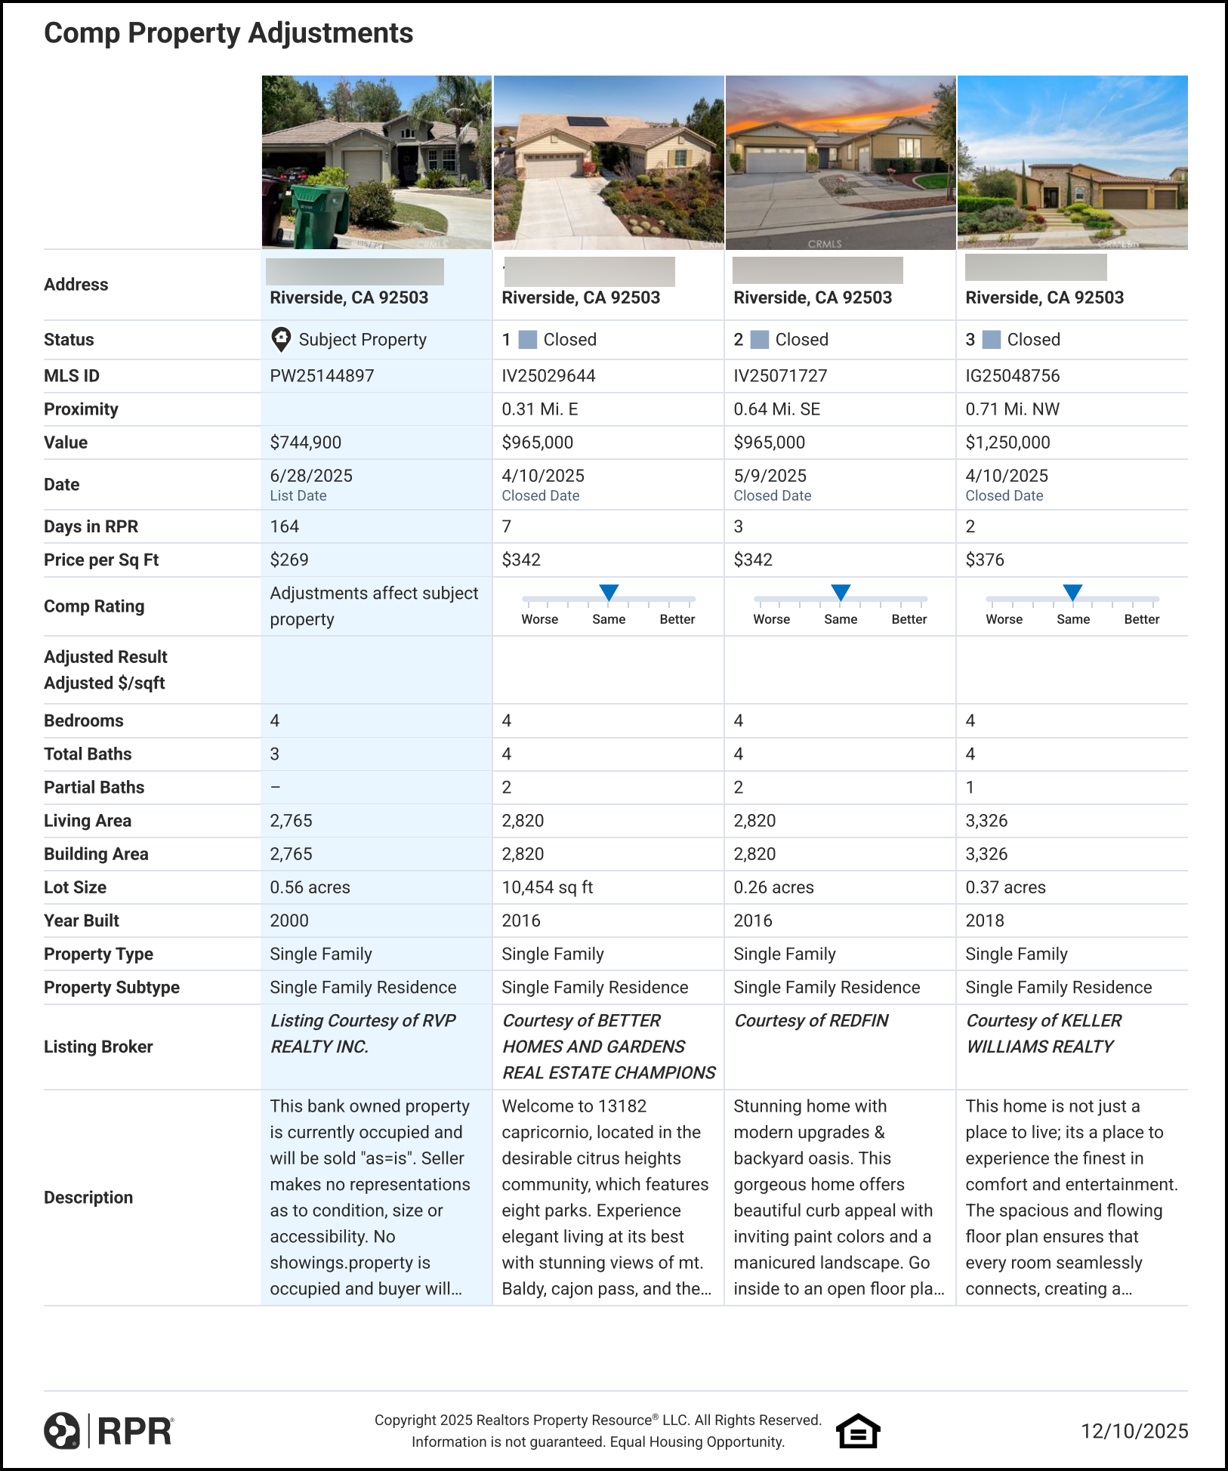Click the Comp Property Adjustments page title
tap(228, 33)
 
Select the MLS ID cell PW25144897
tap(322, 376)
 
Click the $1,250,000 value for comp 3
tap(1007, 443)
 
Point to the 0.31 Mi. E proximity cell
tap(539, 409)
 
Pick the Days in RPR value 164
tap(285, 526)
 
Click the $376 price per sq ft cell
tap(985, 560)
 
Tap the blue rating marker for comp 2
tap(841, 592)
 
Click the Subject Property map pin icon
tap(281, 339)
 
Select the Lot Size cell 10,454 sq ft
tap(547, 887)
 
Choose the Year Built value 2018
tap(985, 921)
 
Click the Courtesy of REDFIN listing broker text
tap(810, 1021)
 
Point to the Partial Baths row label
tap(94, 788)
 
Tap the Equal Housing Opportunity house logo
tap(858, 1431)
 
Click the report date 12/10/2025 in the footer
tap(1134, 1431)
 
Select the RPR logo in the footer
tap(109, 1431)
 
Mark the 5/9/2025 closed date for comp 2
tap(770, 476)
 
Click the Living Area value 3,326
tap(986, 821)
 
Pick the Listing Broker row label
tap(98, 1047)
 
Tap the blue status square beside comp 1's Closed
tap(529, 340)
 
